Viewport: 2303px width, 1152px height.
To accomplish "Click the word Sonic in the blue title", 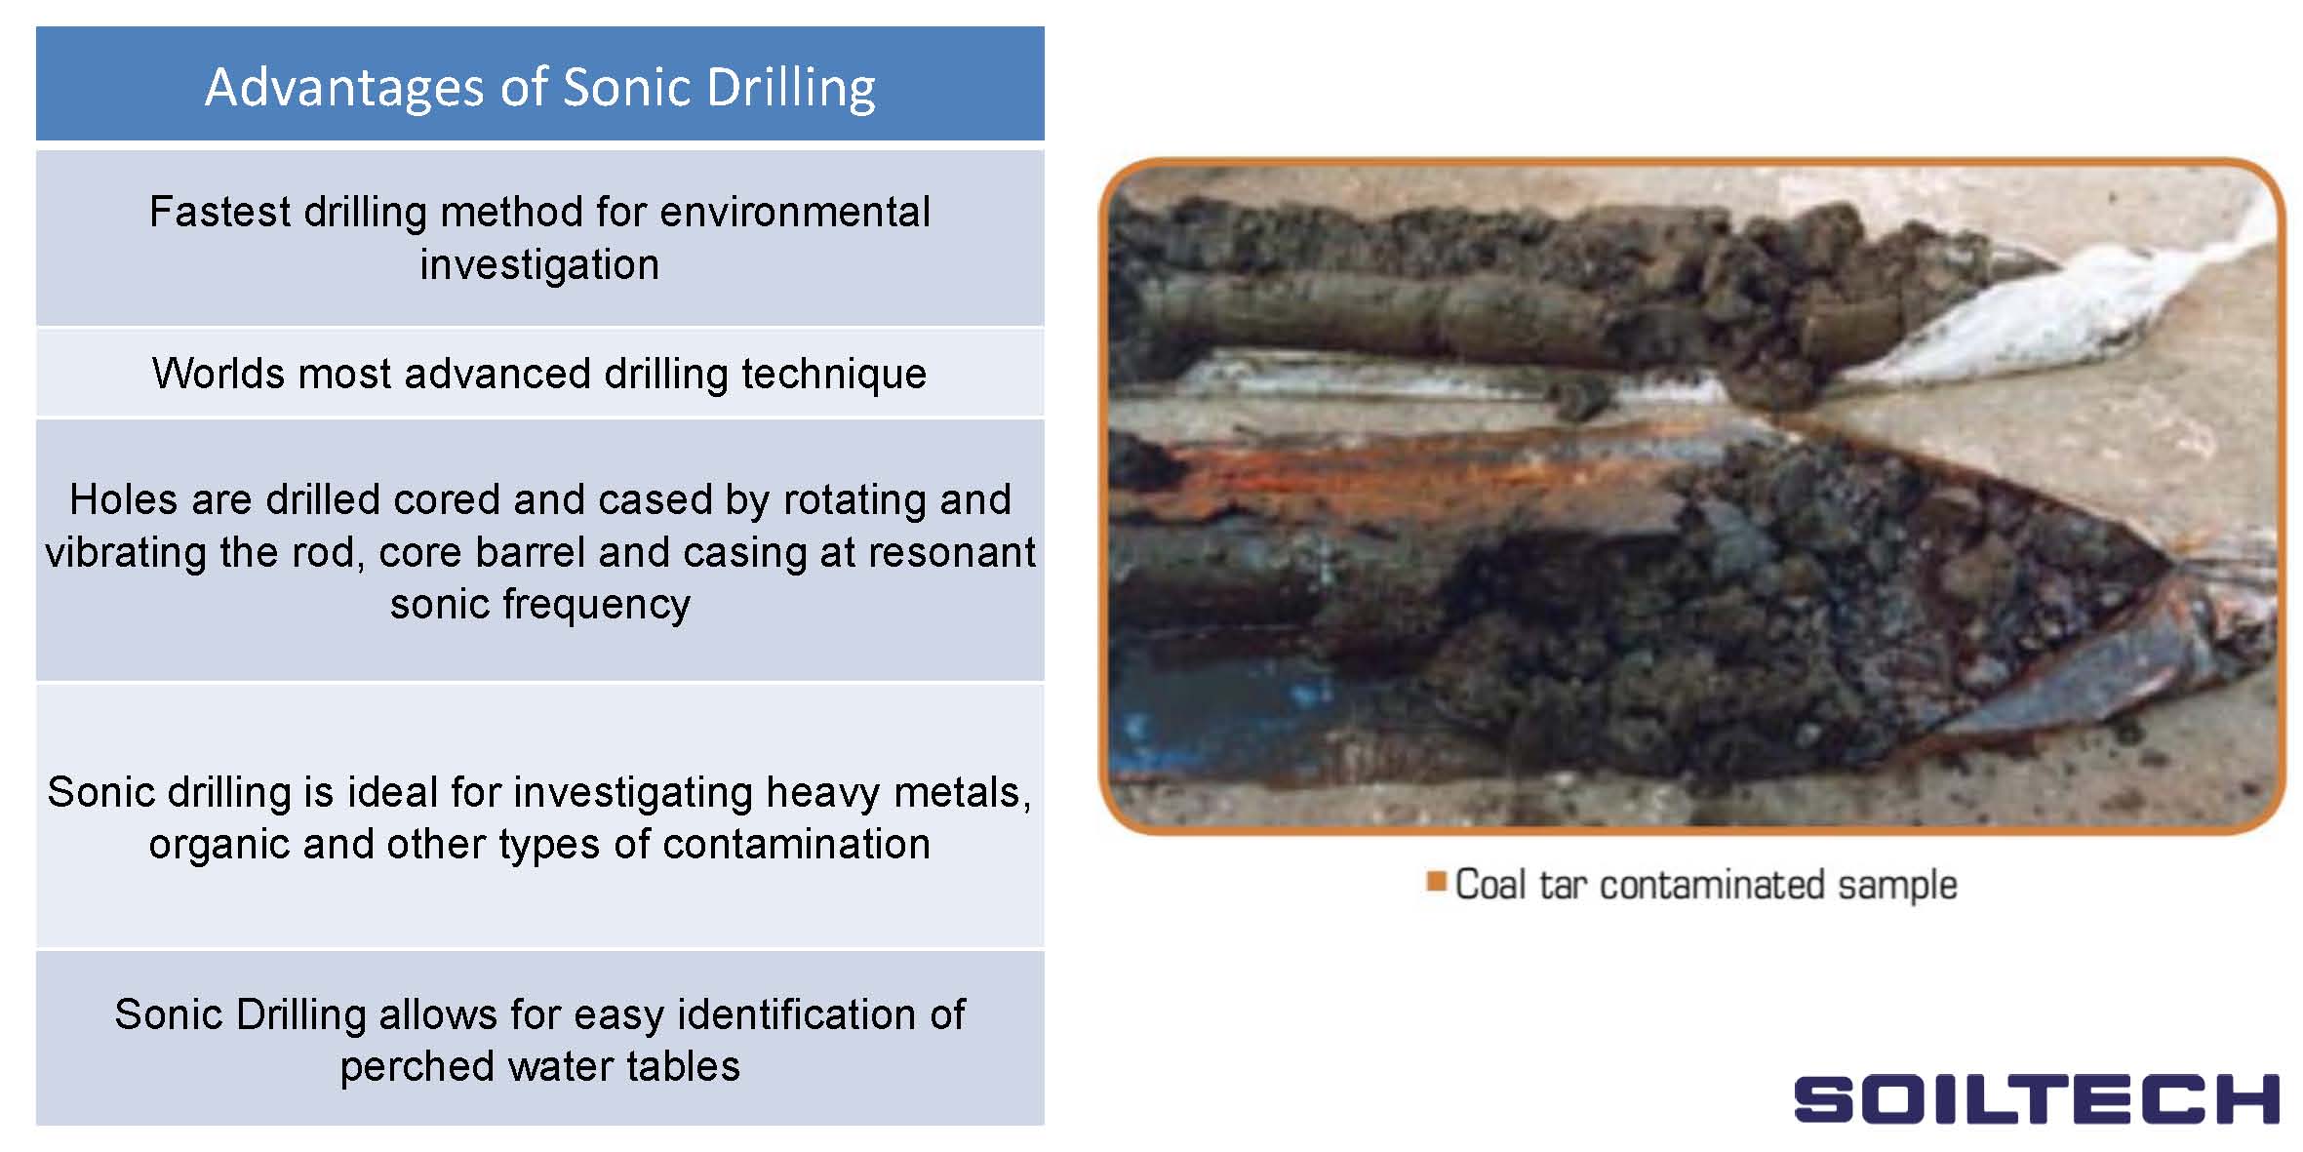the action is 626,87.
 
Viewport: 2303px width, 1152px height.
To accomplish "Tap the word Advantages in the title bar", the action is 343,89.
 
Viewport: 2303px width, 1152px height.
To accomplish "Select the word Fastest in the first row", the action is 219,212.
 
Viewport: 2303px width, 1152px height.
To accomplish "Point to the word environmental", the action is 795,212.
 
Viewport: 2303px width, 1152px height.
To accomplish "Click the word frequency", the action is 596,606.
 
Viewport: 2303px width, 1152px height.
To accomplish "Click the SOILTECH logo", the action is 2036,1099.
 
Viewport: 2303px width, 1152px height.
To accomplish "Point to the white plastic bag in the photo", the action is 2058,302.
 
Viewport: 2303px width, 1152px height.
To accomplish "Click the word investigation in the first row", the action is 539,265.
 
